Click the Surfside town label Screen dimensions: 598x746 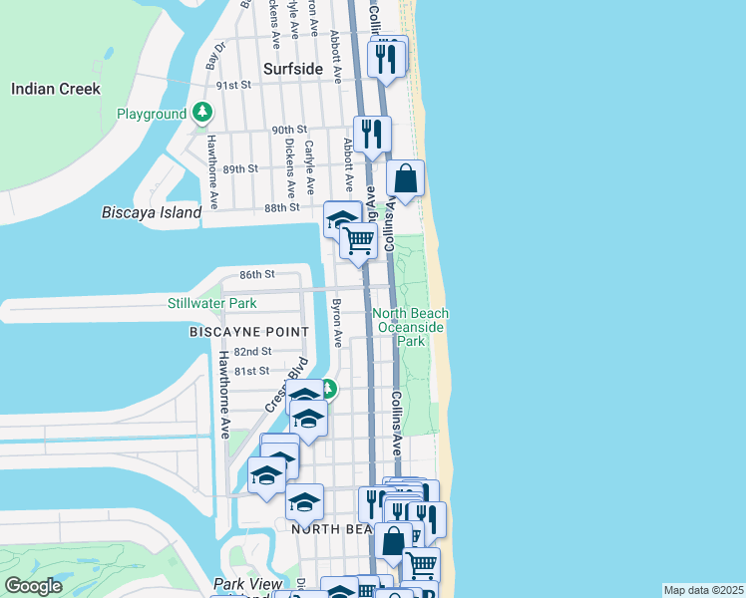click(x=293, y=69)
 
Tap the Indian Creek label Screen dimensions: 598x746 click(x=56, y=89)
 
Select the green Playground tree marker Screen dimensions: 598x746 click(x=202, y=113)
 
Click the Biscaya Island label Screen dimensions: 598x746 click(x=152, y=212)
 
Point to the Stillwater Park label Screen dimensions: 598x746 click(x=212, y=303)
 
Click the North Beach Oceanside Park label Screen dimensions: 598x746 click(x=411, y=327)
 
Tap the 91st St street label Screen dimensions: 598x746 click(x=235, y=86)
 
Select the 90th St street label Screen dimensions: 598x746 click(x=288, y=130)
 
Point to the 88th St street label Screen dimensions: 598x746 click(x=282, y=207)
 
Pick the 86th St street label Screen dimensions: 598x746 click(x=256, y=274)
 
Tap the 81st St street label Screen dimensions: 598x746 click(x=251, y=371)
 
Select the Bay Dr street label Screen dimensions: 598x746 click(x=216, y=55)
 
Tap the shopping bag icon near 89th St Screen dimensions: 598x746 click(x=405, y=180)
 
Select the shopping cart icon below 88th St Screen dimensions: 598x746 click(x=359, y=240)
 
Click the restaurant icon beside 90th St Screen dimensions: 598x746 click(x=372, y=135)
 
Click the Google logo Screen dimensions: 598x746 click(x=34, y=586)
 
